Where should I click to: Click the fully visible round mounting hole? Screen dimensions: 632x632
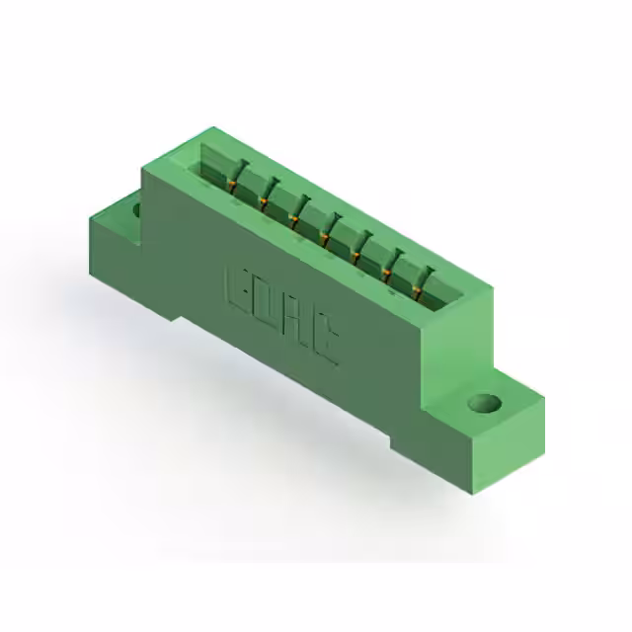point(485,403)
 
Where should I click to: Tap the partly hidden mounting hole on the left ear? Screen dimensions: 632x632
point(136,209)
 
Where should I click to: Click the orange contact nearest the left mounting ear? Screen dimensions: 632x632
point(232,185)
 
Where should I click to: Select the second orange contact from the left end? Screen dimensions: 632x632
point(264,201)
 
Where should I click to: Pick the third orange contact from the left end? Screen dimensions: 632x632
point(294,219)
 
